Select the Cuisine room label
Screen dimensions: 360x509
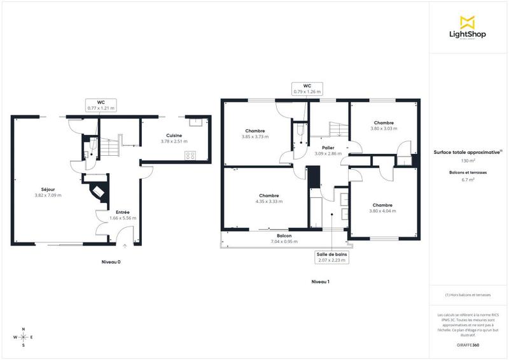(x=174, y=135)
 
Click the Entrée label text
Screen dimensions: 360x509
(x=122, y=212)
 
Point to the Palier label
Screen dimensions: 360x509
(x=328, y=148)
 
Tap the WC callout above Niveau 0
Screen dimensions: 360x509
(x=101, y=105)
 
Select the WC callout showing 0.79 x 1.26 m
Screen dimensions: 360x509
(x=307, y=88)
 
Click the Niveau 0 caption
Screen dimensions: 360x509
(x=111, y=262)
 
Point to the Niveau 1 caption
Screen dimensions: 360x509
(x=320, y=281)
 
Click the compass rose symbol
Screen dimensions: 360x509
(x=24, y=337)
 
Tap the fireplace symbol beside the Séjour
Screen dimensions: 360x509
(x=99, y=191)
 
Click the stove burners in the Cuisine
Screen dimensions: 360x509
(x=190, y=156)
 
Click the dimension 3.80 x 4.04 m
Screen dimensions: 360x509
(x=382, y=211)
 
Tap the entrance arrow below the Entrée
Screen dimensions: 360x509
(x=125, y=246)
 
